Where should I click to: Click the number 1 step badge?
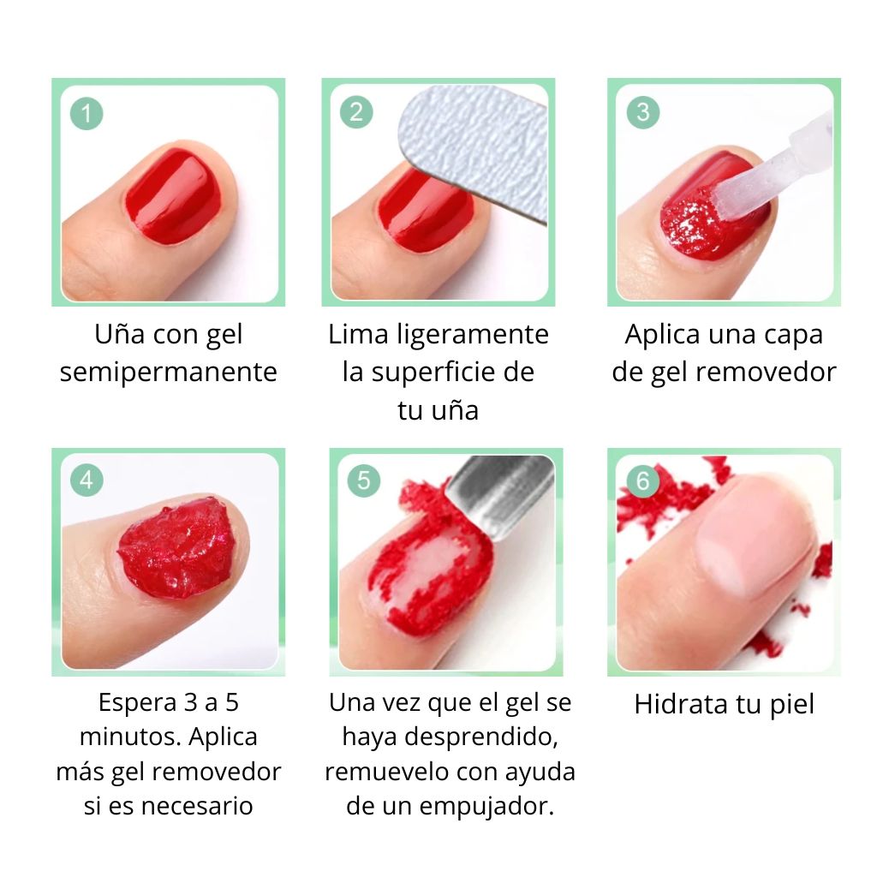(x=87, y=114)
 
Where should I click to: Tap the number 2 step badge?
(x=356, y=112)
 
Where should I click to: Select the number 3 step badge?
(x=642, y=112)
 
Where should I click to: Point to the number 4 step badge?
(x=87, y=480)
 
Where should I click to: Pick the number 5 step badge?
(x=364, y=480)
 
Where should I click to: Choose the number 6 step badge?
(x=642, y=480)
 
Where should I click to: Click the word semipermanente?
(x=169, y=373)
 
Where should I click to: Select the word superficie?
(x=451, y=373)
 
